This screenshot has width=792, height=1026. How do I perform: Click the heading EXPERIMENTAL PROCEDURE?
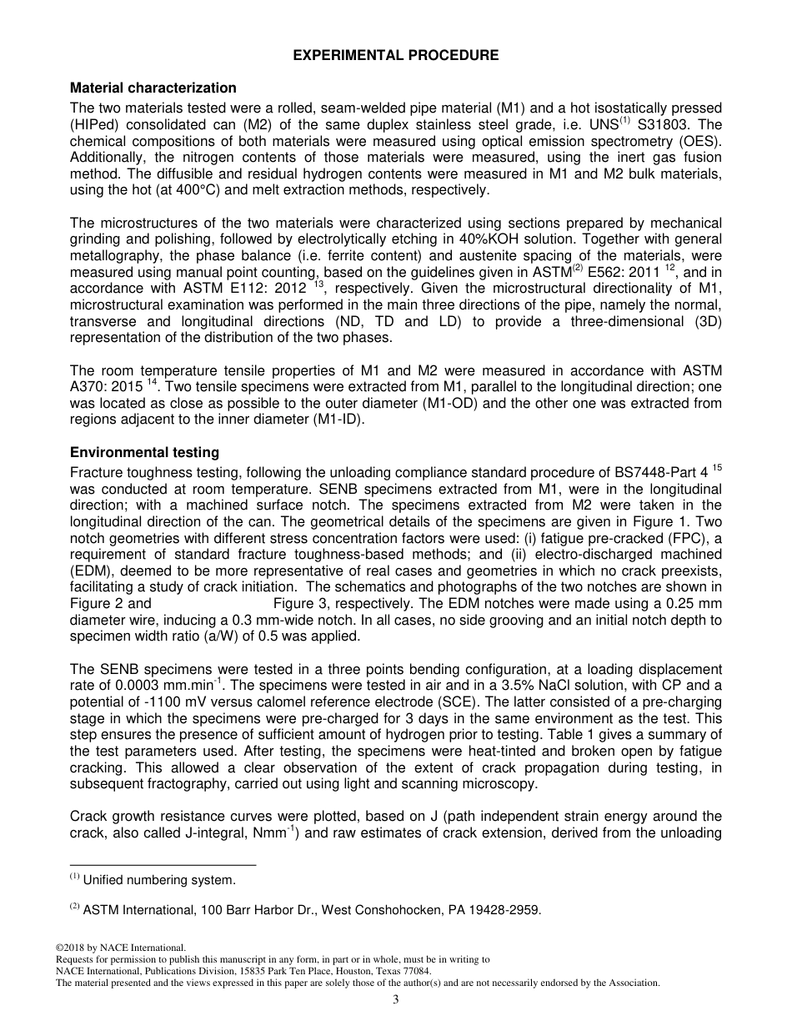(x=396, y=55)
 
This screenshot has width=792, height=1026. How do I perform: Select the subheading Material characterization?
(x=153, y=88)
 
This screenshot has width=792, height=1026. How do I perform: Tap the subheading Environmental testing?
(x=144, y=452)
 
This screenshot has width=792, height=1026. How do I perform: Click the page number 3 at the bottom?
(x=396, y=1000)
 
